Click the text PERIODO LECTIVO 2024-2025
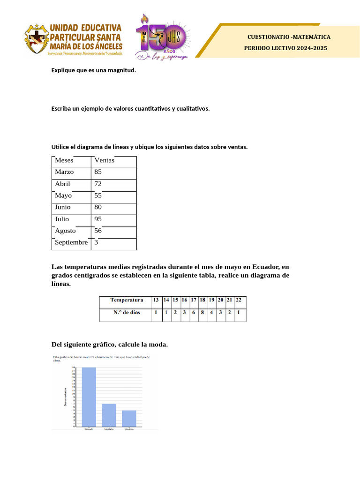pyautogui.click(x=285, y=48)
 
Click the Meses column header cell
pyautogui.click(x=64, y=161)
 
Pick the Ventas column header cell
pyautogui.click(x=105, y=161)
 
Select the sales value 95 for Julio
pyautogui.click(x=98, y=219)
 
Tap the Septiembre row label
pyautogui.click(x=71, y=243)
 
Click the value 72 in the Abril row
pyautogui.click(x=98, y=184)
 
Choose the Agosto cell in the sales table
pyautogui.click(x=65, y=231)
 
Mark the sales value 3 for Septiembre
pyautogui.click(x=96, y=243)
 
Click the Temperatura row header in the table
pyautogui.click(x=126, y=300)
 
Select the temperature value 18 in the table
pyautogui.click(x=202, y=300)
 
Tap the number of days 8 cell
pyautogui.click(x=202, y=312)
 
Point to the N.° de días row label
pyautogui.click(x=126, y=312)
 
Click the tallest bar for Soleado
pyautogui.click(x=89, y=397)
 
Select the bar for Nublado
pyautogui.click(x=109, y=415)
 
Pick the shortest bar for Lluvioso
pyautogui.click(x=129, y=418)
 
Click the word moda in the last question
pyautogui.click(x=157, y=345)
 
